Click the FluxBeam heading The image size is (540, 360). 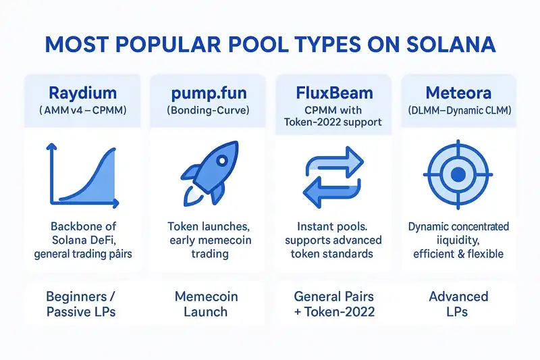pyautogui.click(x=333, y=93)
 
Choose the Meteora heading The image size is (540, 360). pyautogui.click(x=458, y=93)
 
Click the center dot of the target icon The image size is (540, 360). pyautogui.click(x=458, y=175)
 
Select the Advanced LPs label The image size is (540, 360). pyautogui.click(x=458, y=304)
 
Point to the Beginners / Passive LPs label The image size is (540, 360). pyautogui.click(x=82, y=304)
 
